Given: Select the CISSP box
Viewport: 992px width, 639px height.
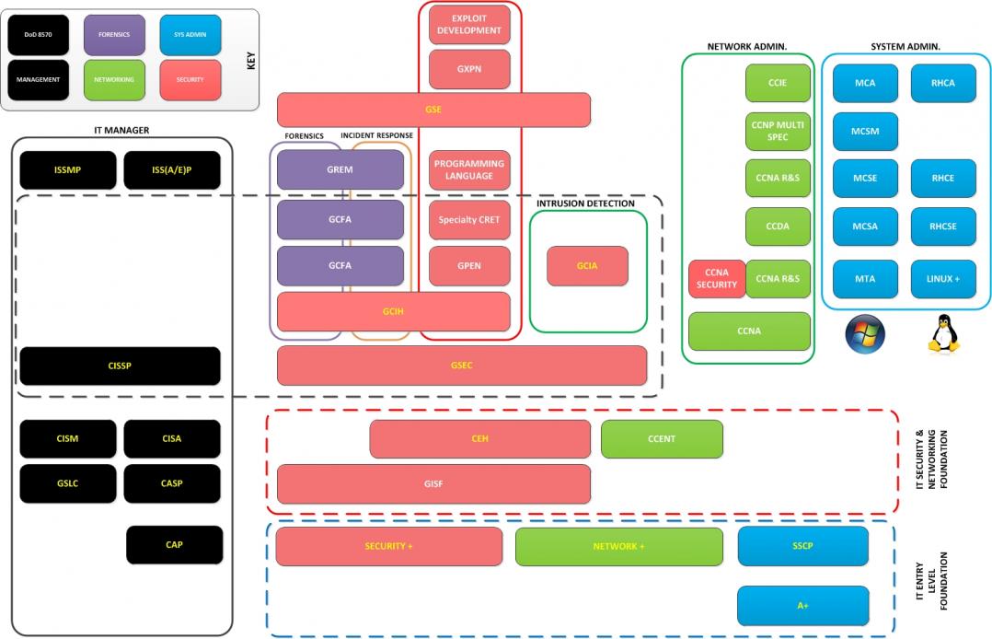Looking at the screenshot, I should click(120, 366).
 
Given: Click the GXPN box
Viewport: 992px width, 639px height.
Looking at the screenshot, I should click(469, 69).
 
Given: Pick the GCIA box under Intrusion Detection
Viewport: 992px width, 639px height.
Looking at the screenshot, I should click(587, 266).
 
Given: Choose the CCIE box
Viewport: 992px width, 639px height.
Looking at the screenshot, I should click(778, 83).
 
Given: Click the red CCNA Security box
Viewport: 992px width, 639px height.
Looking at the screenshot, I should click(716, 279).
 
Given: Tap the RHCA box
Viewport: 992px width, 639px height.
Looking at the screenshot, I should click(942, 83).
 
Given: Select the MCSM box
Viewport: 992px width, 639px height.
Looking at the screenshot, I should click(865, 132).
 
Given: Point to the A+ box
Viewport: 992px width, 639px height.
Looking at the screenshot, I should click(802, 606).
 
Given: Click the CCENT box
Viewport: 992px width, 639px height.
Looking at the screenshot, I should click(662, 439).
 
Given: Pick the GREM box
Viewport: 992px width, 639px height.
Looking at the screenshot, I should click(340, 169).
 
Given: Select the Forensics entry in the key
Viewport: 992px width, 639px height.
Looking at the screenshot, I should click(114, 35).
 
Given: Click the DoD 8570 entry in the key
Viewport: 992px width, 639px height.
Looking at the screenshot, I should click(38, 35).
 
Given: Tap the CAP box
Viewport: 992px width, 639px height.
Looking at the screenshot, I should click(174, 545).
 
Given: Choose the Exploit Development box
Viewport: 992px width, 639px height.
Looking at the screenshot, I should click(469, 25).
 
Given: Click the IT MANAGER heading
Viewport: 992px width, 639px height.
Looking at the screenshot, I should click(121, 131).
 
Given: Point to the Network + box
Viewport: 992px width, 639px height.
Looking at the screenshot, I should click(617, 546).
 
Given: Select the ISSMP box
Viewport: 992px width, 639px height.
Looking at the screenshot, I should click(68, 169).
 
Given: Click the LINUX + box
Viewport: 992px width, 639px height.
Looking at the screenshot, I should click(942, 279).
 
